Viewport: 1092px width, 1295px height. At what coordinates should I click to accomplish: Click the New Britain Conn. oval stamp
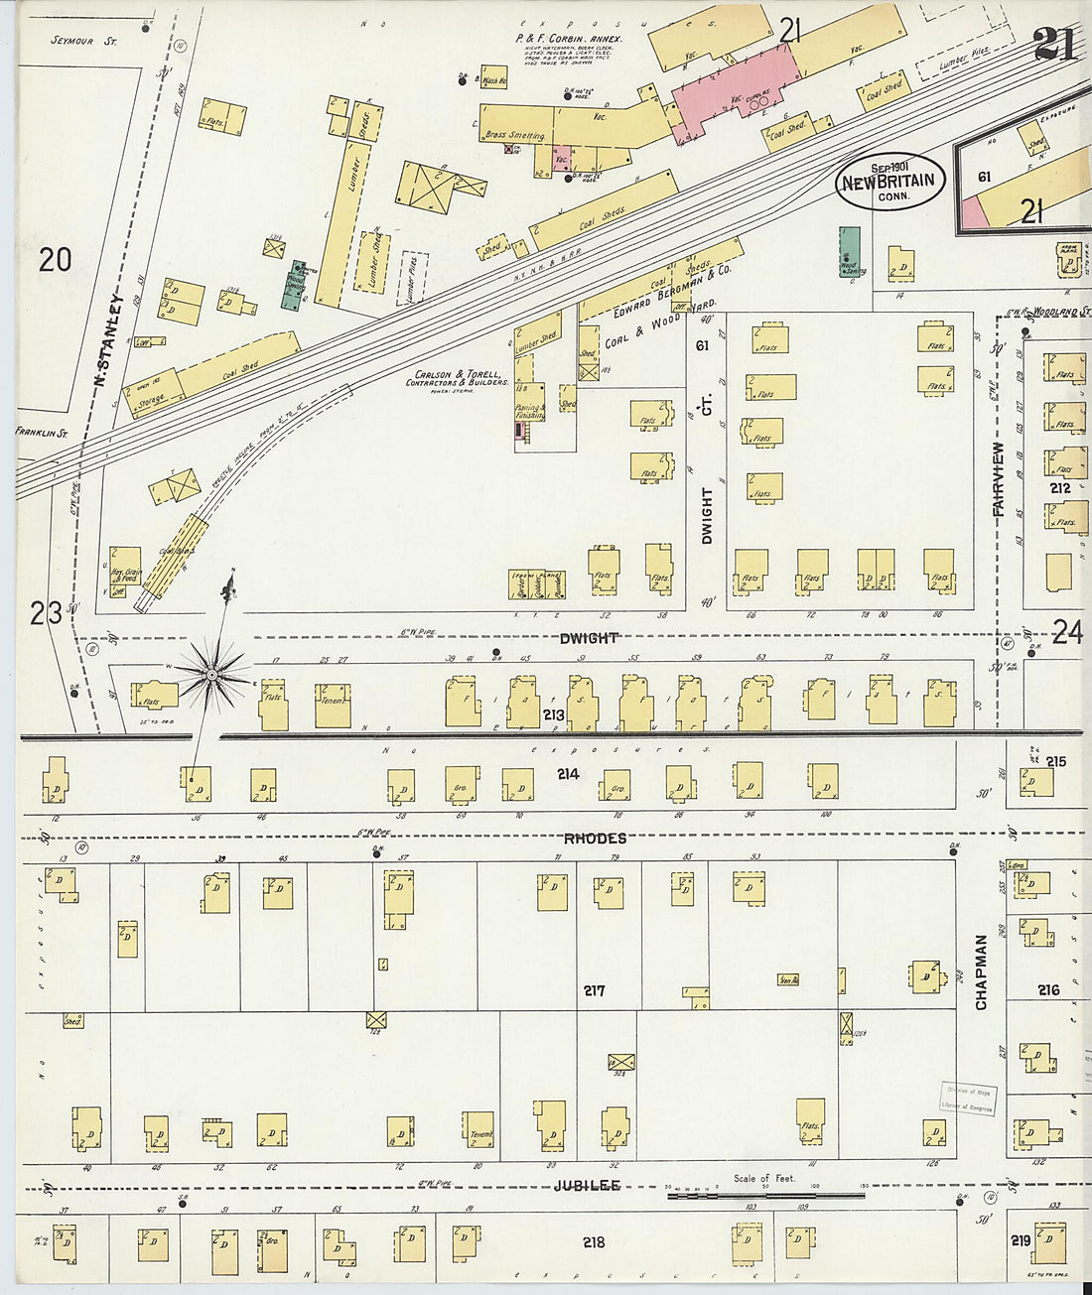pos(890,182)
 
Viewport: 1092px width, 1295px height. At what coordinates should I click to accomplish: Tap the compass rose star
pos(211,676)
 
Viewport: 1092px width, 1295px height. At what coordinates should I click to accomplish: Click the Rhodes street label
pos(595,839)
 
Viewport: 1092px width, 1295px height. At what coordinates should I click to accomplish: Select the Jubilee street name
pos(587,1185)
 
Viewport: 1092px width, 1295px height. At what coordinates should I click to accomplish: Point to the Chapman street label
pos(981,971)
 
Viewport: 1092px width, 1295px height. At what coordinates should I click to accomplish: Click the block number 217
pos(594,990)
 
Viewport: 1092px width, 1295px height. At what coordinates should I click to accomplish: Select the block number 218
pos(594,1241)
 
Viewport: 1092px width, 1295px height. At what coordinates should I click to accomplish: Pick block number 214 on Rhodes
pos(567,773)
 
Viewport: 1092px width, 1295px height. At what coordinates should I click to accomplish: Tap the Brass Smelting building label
pos(514,135)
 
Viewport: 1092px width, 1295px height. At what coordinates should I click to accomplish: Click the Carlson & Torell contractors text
pos(457,378)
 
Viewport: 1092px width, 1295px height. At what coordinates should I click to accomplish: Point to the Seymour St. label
pos(83,41)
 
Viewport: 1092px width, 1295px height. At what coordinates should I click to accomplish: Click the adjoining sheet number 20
pos(55,260)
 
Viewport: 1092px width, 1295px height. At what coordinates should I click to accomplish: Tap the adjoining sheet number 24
pos(1066,632)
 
